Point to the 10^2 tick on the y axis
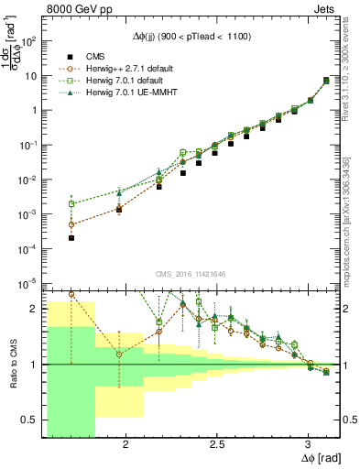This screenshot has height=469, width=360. [29, 41]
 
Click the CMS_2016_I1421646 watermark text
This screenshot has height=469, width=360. [189, 274]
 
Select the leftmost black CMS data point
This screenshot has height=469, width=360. [71, 237]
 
